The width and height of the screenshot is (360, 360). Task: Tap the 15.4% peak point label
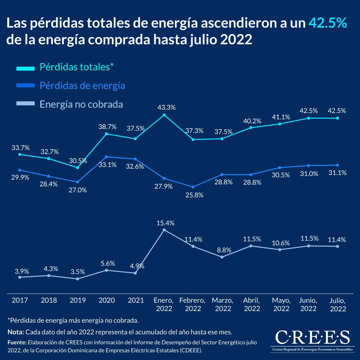166,223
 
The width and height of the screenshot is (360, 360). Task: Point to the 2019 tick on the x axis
78,300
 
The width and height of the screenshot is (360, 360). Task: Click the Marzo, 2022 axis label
223,304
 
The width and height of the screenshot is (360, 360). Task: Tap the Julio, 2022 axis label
338,304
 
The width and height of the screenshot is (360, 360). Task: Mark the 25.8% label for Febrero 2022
194,195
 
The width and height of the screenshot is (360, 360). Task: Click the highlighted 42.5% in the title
328,23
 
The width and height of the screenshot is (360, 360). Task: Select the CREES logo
312,340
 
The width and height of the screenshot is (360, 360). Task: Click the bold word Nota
16,332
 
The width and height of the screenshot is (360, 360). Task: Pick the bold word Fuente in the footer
17,342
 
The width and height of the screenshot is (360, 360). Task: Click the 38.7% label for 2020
107,127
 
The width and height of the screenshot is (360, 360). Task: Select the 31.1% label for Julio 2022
337,173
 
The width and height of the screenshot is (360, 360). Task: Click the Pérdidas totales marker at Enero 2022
164,115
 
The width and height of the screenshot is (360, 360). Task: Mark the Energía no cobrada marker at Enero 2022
164,230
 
